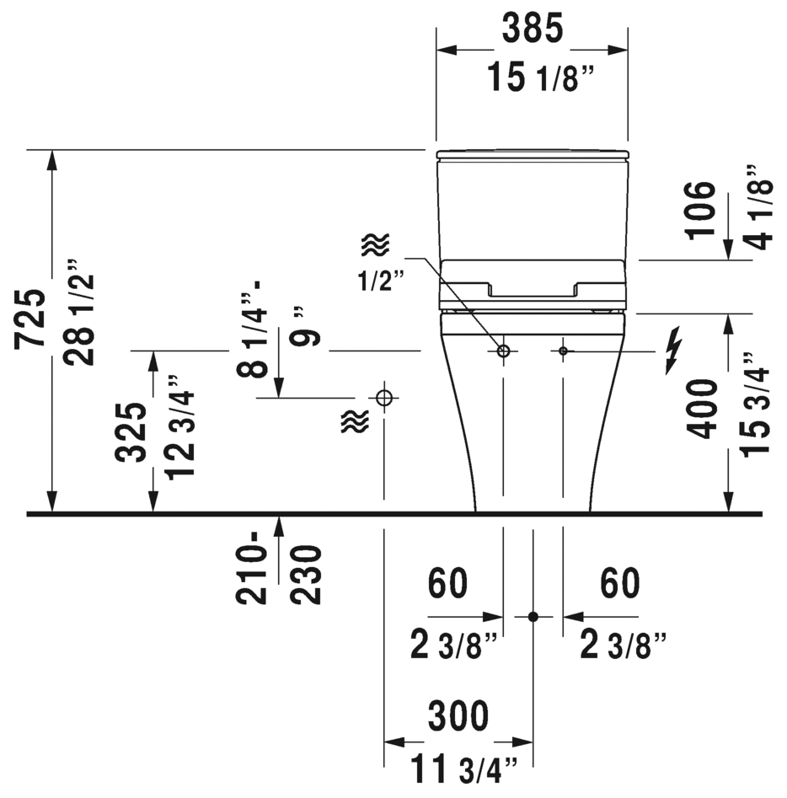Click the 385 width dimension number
(x=533, y=29)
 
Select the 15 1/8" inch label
(x=541, y=78)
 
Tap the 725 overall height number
(x=29, y=319)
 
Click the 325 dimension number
(x=131, y=432)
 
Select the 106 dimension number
(x=700, y=210)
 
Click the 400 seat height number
(x=702, y=409)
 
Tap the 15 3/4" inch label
(x=755, y=404)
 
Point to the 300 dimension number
(x=458, y=716)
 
